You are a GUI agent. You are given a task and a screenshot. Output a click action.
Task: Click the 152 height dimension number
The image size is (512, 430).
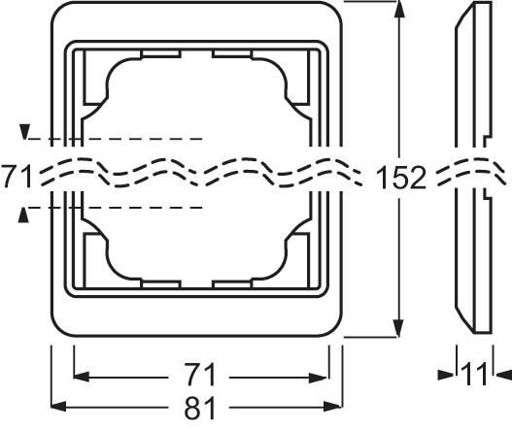click(x=401, y=178)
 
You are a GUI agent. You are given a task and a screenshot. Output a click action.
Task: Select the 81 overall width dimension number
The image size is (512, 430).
click(x=200, y=408)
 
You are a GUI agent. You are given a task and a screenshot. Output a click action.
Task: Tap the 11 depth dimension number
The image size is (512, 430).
click(x=474, y=375)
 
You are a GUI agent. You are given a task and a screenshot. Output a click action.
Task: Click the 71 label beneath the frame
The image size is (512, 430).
click(x=200, y=375)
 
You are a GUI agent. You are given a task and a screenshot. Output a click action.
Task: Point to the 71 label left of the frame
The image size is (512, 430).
click(x=17, y=177)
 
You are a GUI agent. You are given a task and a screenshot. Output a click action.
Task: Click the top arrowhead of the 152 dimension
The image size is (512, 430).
click(x=398, y=9)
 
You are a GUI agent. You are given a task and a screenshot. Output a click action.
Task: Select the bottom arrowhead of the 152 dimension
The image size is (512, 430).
click(x=398, y=328)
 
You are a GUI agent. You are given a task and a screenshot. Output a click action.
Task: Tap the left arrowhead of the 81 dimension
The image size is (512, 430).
click(x=58, y=407)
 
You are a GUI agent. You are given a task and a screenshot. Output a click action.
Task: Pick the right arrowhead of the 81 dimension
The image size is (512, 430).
click(x=332, y=407)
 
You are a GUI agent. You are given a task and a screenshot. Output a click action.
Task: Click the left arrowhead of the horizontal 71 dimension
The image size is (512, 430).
click(x=82, y=377)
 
